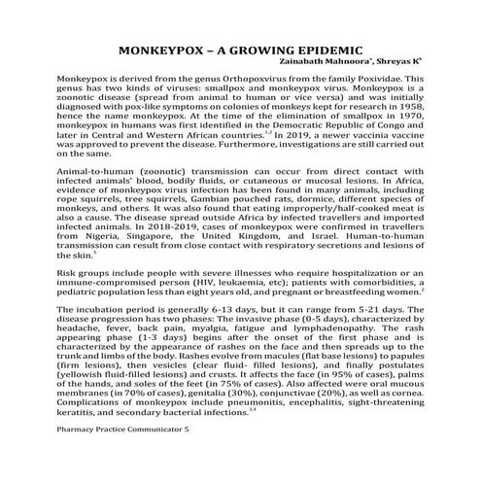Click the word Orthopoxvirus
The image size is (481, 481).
coord(258,76)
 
